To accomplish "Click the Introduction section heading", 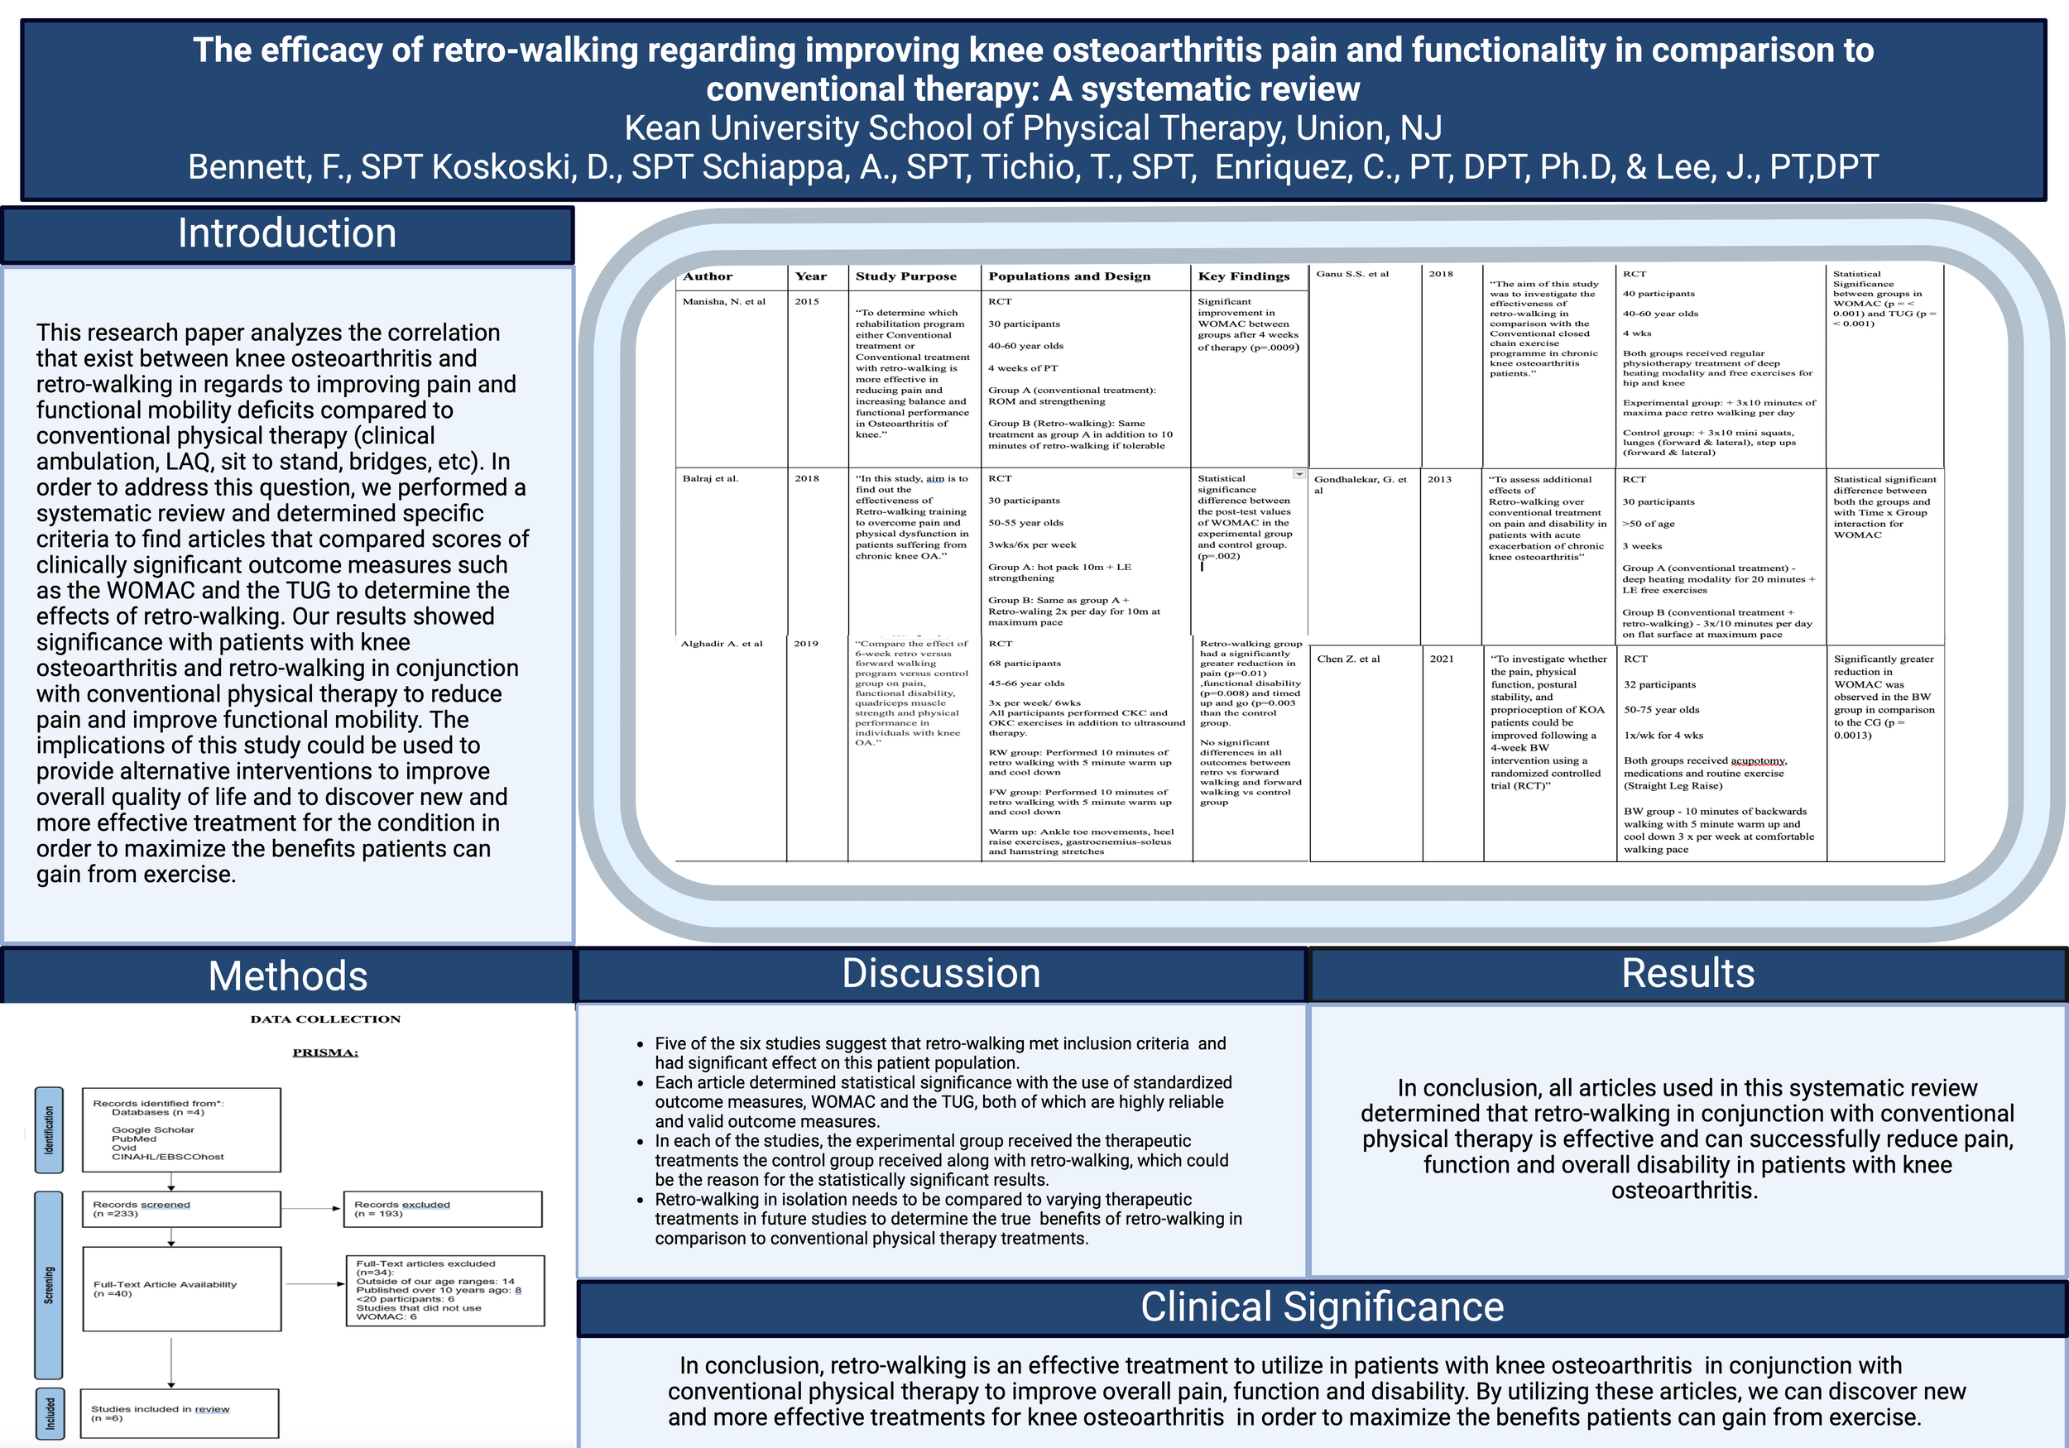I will tap(286, 234).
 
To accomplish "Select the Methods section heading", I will tap(287, 976).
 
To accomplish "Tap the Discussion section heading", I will tap(941, 974).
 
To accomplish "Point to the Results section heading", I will tap(1687, 974).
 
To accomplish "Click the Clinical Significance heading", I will tap(1322, 1307).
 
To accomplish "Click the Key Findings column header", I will tap(1244, 276).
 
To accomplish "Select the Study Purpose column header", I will tap(905, 276).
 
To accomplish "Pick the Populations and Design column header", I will tap(1068, 276).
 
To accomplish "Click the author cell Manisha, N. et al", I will tap(723, 302).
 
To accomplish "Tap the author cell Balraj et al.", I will tap(710, 478).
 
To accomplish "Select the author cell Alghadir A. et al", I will tap(721, 644).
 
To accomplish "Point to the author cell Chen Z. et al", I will tap(1348, 659).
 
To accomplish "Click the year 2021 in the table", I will tap(1442, 659).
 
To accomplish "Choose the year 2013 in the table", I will tap(1439, 479).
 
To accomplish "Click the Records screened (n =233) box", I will tap(181, 1209).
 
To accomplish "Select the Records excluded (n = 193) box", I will tap(443, 1209).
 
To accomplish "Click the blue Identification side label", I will tap(49, 1130).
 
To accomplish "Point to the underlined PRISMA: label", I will tap(325, 1052).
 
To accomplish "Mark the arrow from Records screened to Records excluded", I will tap(312, 1209).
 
